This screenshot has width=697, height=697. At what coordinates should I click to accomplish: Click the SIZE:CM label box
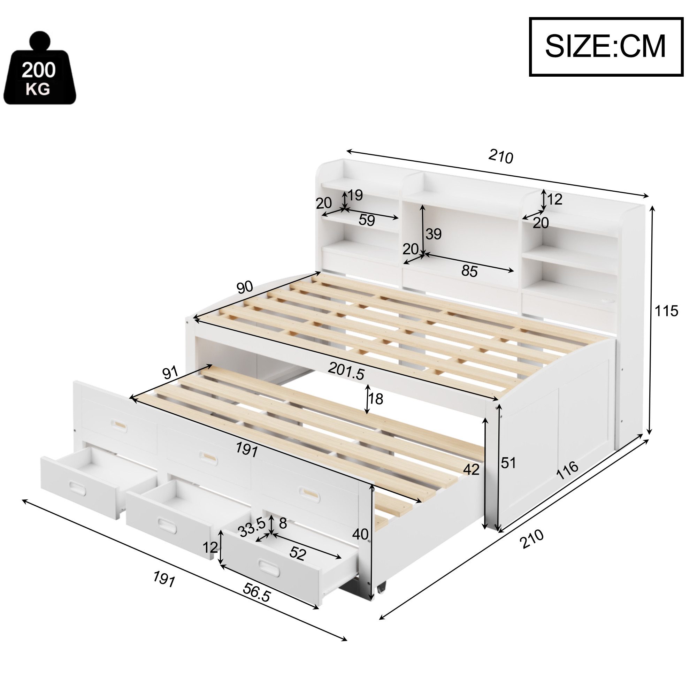point(606,47)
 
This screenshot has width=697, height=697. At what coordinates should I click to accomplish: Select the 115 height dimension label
point(666,311)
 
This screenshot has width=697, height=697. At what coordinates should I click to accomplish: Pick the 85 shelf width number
point(469,271)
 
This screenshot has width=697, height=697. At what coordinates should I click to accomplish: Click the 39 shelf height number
point(433,234)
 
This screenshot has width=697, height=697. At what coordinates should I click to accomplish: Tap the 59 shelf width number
point(367,220)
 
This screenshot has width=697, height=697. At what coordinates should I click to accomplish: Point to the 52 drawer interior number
point(298,554)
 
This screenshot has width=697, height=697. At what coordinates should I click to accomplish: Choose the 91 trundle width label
point(170,373)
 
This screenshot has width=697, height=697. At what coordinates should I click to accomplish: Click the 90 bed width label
point(245,288)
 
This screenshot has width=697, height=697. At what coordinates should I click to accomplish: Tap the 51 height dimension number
point(508,463)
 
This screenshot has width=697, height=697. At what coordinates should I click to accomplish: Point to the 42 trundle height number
point(471,469)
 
